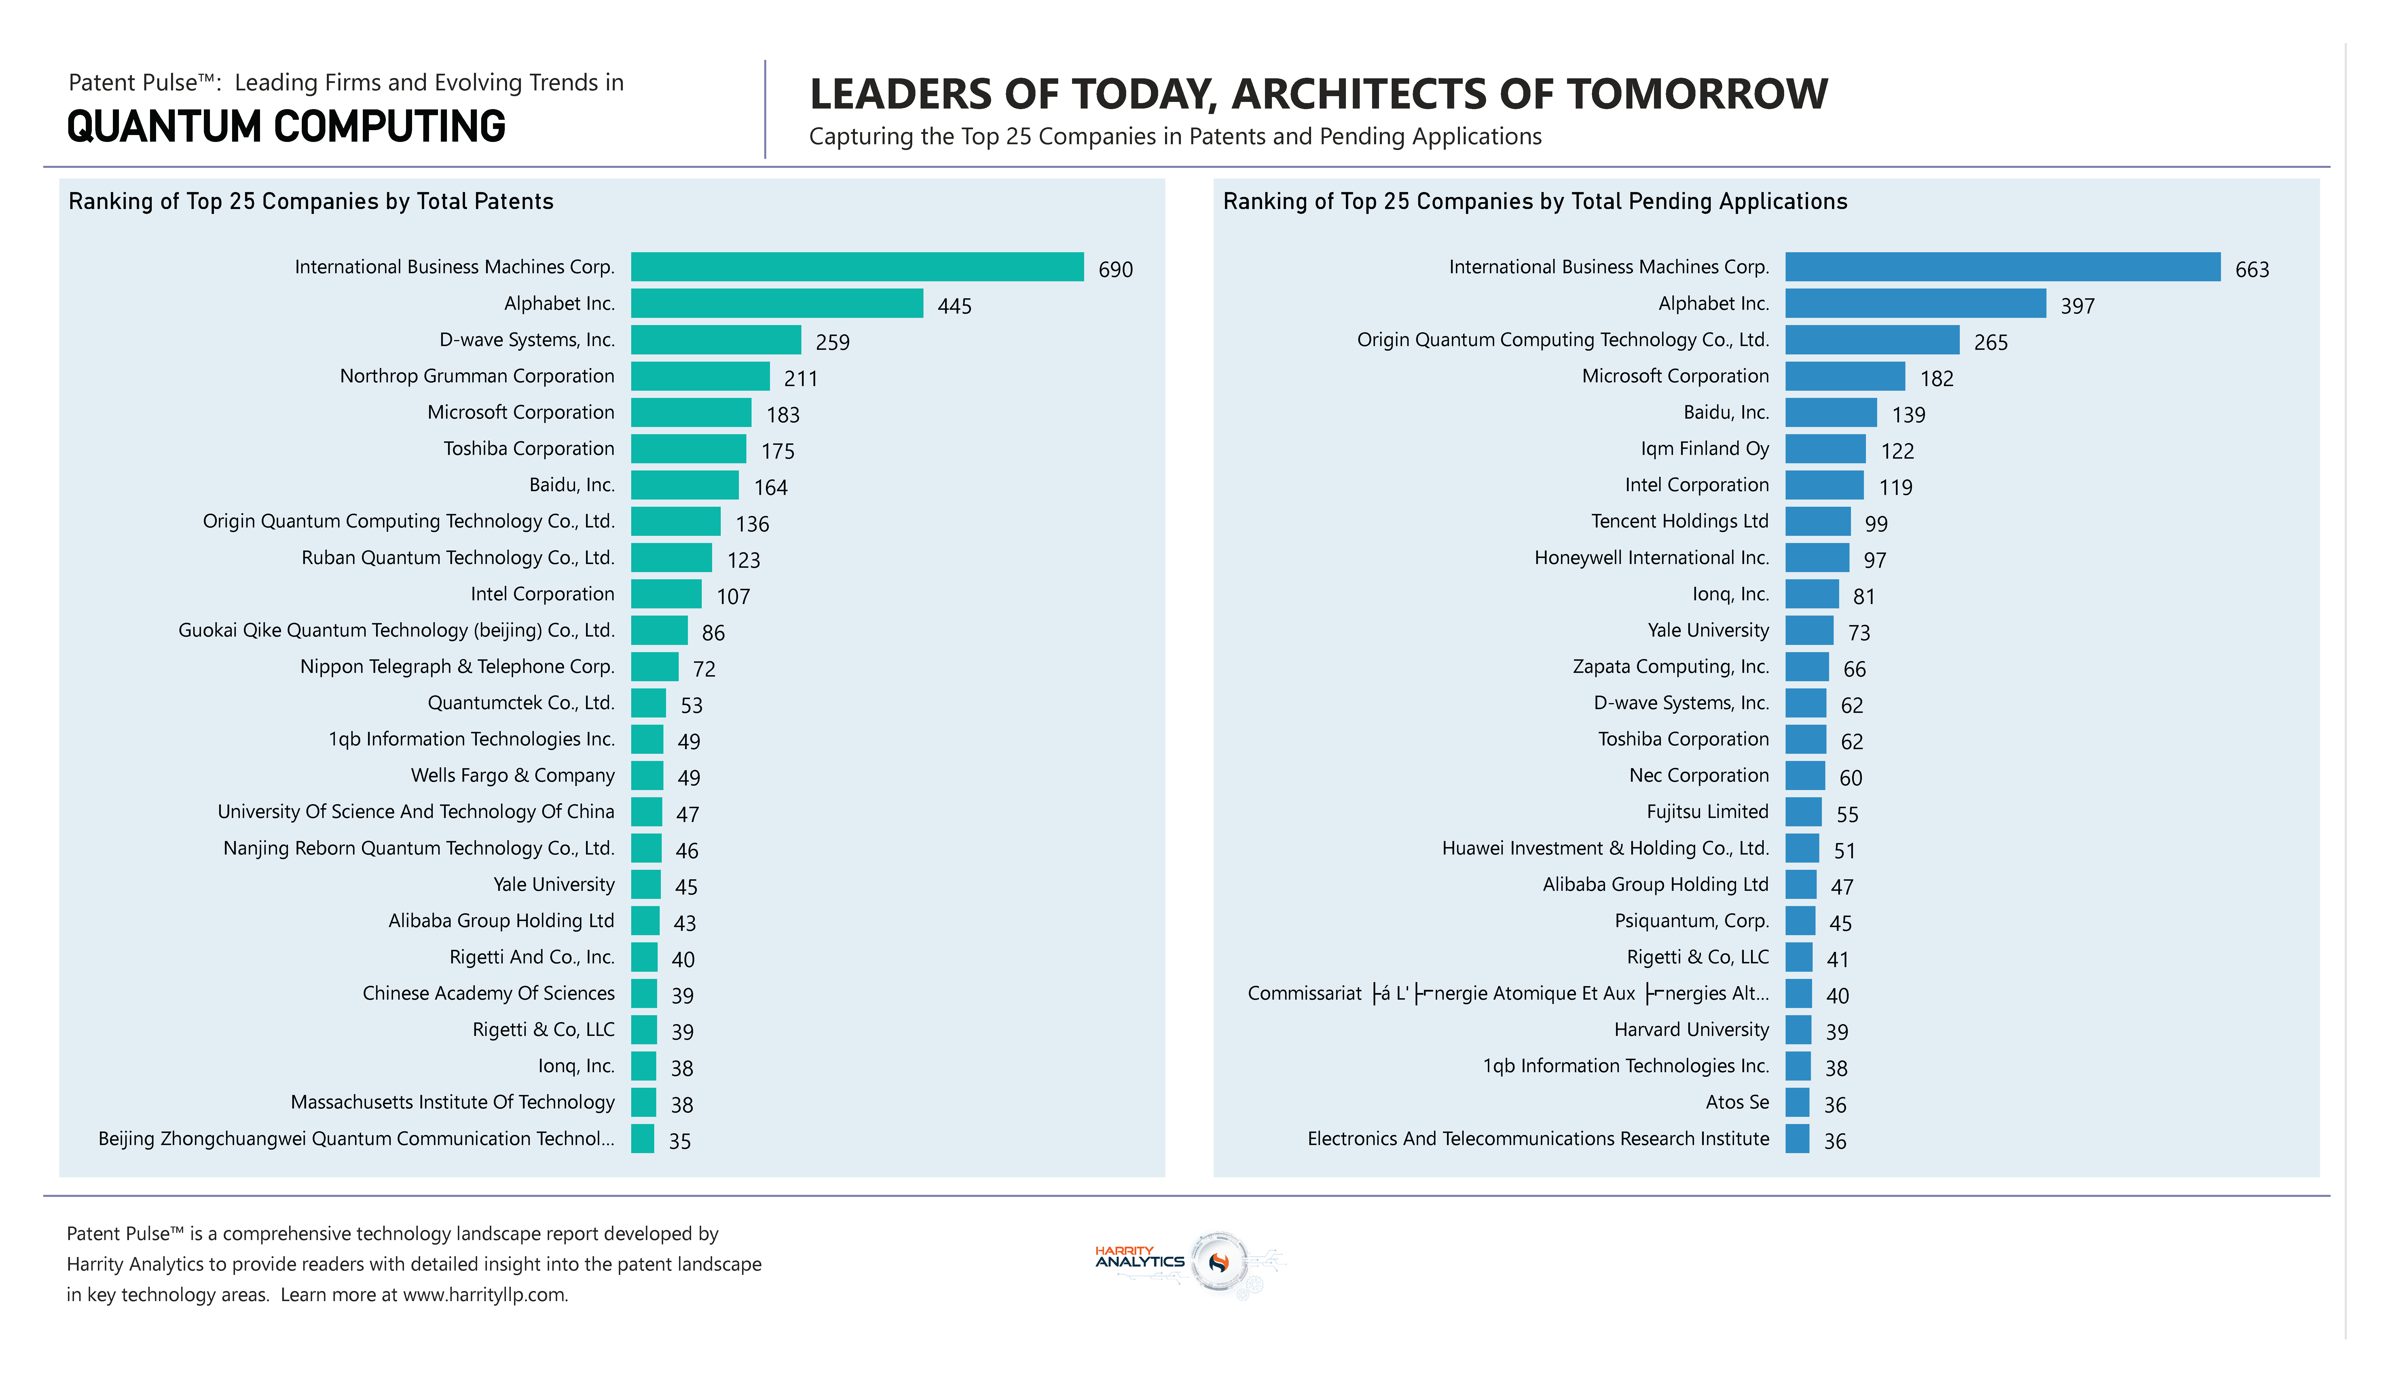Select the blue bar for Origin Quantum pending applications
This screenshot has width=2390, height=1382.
point(1871,339)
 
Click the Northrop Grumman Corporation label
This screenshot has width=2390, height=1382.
point(477,376)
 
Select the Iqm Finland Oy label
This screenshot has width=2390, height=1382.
point(1704,449)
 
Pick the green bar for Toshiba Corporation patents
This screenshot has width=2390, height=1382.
point(688,449)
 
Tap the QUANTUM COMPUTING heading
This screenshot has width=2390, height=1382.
point(287,127)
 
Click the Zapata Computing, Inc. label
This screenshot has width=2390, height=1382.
point(1670,667)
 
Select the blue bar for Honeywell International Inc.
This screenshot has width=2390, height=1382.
point(1816,558)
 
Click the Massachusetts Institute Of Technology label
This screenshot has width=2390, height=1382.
point(452,1102)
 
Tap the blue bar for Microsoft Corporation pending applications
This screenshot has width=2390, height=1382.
point(1845,376)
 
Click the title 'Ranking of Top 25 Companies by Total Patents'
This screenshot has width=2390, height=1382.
point(311,201)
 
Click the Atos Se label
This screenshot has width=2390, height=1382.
point(1737,1102)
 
